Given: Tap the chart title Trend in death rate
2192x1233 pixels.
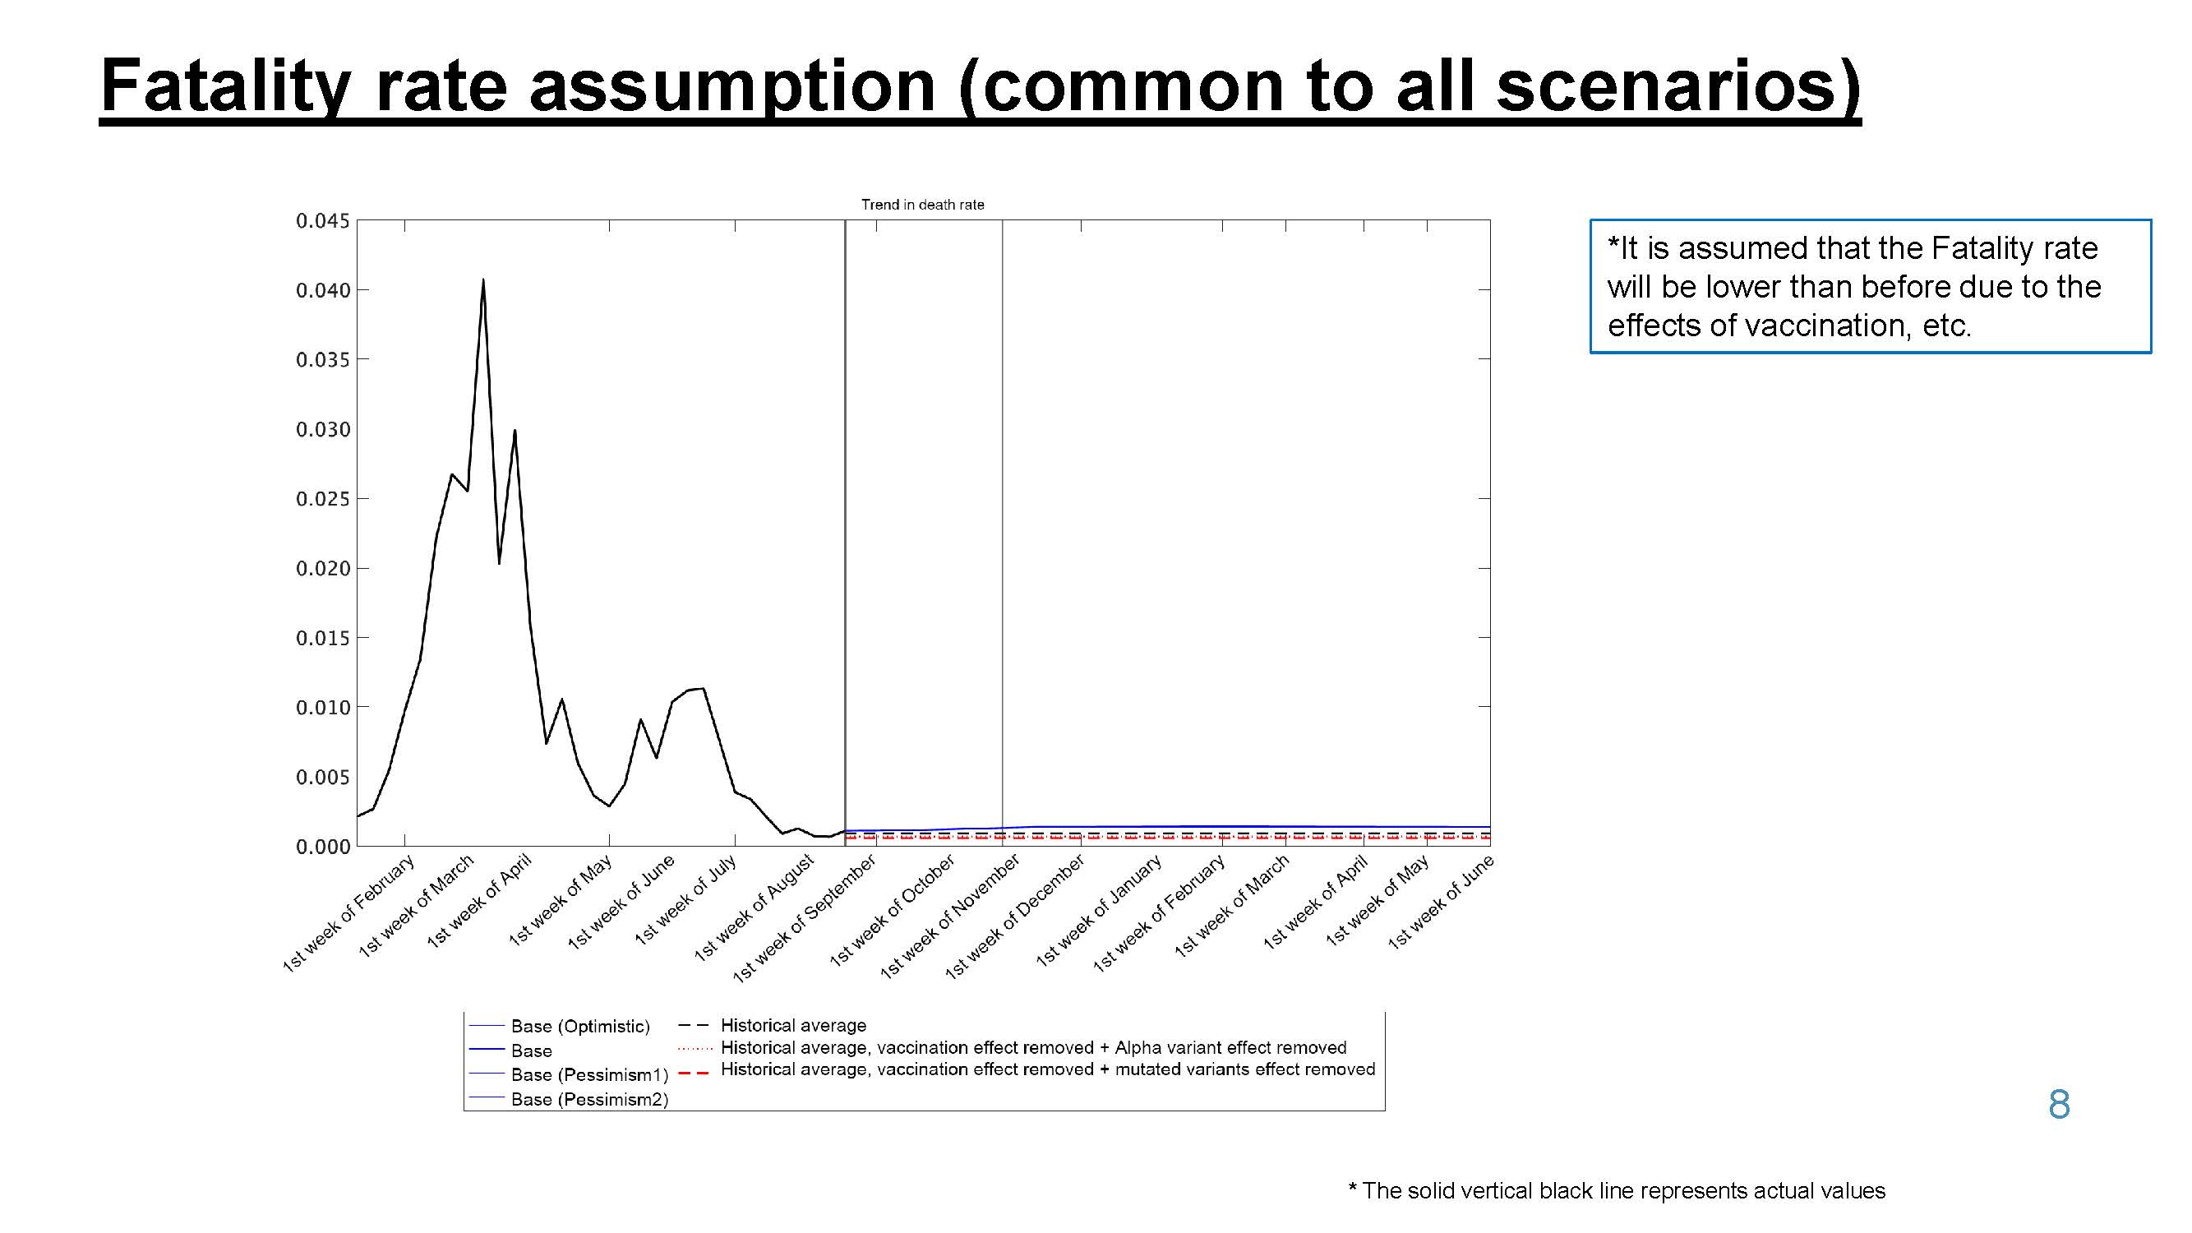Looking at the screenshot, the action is click(922, 204).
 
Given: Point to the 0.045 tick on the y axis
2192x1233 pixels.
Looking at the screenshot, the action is click(322, 221).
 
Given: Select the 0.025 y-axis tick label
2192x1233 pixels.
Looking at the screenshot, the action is click(322, 499).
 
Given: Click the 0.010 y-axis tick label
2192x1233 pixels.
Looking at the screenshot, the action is click(322, 707).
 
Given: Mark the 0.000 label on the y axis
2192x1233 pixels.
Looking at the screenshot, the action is click(322, 847).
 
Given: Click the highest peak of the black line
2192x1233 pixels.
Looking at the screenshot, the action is click(483, 280).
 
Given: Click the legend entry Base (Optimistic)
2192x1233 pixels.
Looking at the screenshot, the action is click(580, 1026).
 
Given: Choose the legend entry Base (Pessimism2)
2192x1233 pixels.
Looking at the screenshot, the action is click(589, 1099).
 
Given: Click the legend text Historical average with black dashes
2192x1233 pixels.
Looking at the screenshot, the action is click(793, 1025).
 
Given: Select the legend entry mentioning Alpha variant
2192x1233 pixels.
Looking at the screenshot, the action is click(1033, 1047).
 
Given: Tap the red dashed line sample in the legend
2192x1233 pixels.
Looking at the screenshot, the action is click(695, 1072).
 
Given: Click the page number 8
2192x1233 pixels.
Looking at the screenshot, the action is click(2059, 1105).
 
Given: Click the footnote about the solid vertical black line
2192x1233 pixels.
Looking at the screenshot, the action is click(1617, 1190).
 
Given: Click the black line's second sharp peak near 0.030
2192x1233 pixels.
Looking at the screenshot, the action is click(515, 431).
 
